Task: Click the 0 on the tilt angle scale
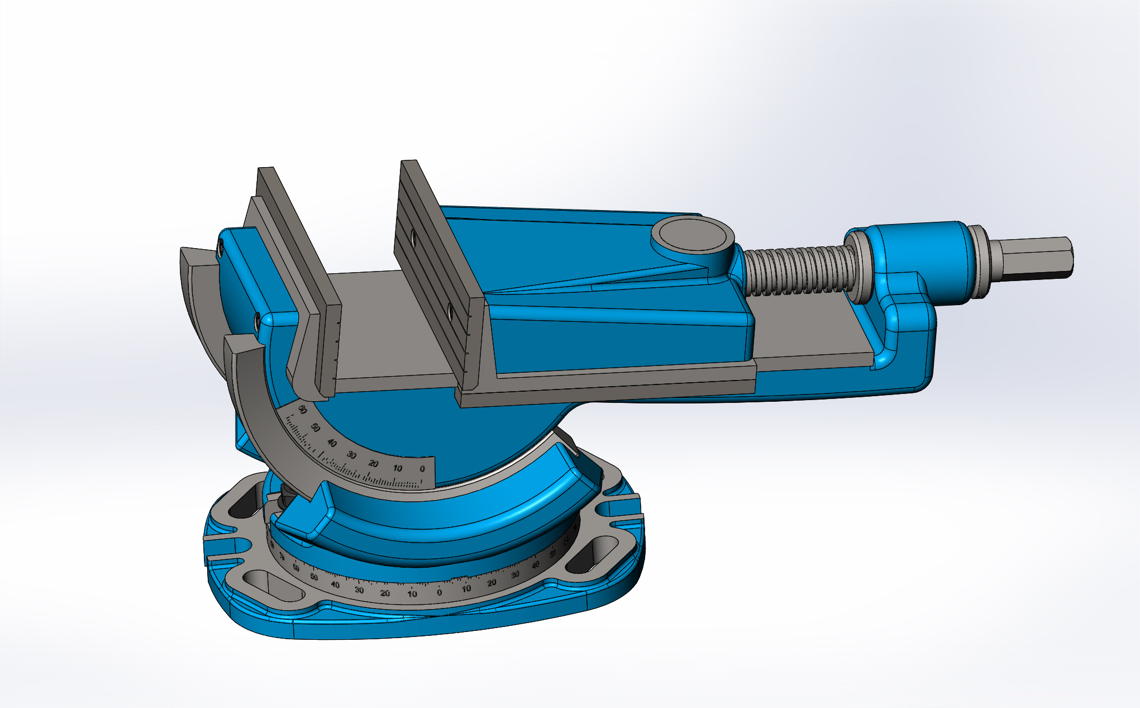tap(422, 469)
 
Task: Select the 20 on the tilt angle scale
tap(374, 464)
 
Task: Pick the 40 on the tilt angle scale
tap(332, 443)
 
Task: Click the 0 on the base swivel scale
tap(439, 593)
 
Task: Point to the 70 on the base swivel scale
tap(282, 558)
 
